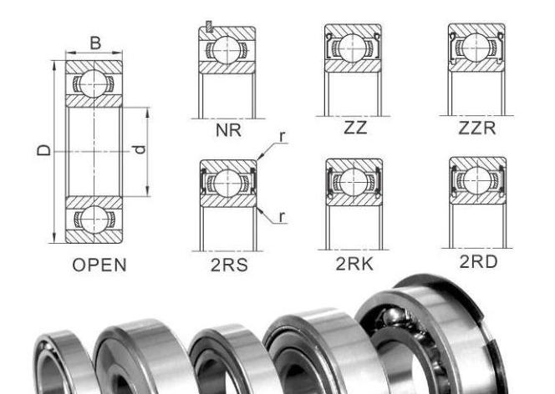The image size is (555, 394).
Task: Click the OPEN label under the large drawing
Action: (x=98, y=266)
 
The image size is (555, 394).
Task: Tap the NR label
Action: (x=227, y=130)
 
